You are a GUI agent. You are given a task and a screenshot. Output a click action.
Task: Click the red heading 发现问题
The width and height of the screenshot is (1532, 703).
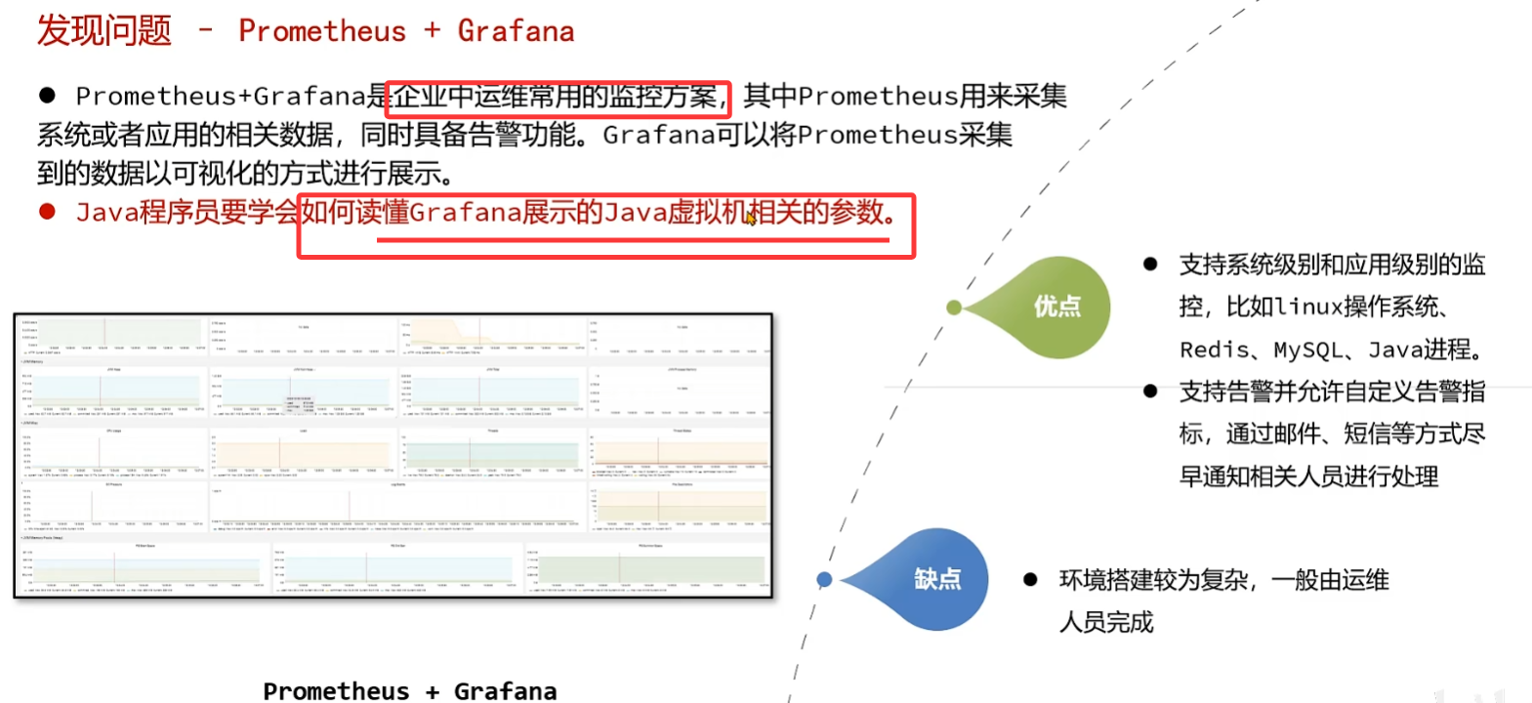pyautogui.click(x=104, y=30)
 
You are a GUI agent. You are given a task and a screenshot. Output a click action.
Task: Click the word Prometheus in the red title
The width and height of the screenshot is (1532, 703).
pyautogui.click(x=321, y=31)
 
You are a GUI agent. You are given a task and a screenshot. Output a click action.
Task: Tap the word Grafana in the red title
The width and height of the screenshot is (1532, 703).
pyautogui.click(x=516, y=31)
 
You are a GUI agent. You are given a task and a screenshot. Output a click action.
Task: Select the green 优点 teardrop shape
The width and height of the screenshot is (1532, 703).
pyautogui.click(x=1050, y=307)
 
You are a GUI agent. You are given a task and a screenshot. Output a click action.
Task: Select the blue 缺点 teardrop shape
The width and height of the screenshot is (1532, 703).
pyautogui.click(x=928, y=579)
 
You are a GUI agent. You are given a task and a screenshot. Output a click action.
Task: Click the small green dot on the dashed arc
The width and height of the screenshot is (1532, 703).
pyautogui.click(x=954, y=308)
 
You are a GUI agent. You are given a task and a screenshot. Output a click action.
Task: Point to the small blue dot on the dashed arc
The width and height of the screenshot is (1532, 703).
pyautogui.click(x=824, y=580)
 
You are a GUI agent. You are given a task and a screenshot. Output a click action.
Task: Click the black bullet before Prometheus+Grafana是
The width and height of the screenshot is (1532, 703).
pyautogui.click(x=47, y=96)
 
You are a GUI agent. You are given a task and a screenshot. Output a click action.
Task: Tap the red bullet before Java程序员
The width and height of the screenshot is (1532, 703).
pyautogui.click(x=47, y=212)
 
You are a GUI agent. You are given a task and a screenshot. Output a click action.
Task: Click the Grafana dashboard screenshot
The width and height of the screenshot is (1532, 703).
pyautogui.click(x=393, y=455)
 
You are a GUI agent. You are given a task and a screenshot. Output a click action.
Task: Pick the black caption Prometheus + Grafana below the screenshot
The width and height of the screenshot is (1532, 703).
pyautogui.click(x=409, y=691)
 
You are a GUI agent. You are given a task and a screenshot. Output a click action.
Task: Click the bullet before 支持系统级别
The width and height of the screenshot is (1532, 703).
pyautogui.click(x=1150, y=265)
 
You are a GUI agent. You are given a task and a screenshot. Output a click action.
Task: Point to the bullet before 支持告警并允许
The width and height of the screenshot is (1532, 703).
pyautogui.click(x=1150, y=392)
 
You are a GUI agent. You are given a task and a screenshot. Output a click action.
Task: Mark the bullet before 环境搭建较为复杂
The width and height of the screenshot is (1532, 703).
pyautogui.click(x=1030, y=580)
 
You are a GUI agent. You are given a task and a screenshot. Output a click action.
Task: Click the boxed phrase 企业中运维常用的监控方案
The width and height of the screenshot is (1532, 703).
pyautogui.click(x=557, y=97)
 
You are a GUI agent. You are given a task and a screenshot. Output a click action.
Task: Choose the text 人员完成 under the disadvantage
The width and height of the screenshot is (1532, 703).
pyautogui.click(x=1106, y=622)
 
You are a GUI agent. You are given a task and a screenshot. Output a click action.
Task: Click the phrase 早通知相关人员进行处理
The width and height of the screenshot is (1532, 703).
pyautogui.click(x=1308, y=476)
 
